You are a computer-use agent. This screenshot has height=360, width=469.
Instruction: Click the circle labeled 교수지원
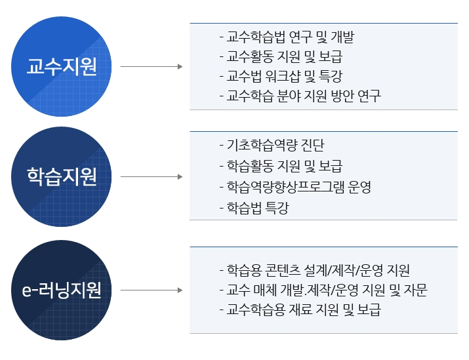pyautogui.click(x=61, y=66)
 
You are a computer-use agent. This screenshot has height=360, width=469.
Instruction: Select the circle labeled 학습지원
pyautogui.click(x=61, y=176)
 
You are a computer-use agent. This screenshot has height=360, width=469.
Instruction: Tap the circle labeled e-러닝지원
pyautogui.click(x=61, y=290)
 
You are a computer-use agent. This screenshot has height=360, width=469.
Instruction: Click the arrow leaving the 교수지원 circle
pyautogui.click(x=152, y=66)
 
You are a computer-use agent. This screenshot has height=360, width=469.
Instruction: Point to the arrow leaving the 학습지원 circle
pyautogui.click(x=152, y=176)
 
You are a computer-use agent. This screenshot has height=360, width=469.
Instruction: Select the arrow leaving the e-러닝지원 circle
pyautogui.click(x=152, y=290)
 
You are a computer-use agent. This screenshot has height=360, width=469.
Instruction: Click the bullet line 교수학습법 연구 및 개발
pyautogui.click(x=287, y=37)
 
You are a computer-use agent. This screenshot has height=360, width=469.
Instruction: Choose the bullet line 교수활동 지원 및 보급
pyautogui.click(x=281, y=57)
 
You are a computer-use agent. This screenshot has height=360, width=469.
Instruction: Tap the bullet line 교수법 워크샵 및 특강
pyautogui.click(x=281, y=76)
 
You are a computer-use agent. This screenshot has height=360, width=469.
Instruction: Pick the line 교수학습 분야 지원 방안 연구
pyautogui.click(x=300, y=96)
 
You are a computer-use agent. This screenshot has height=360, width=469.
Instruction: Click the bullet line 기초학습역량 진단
pyautogui.click(x=272, y=146)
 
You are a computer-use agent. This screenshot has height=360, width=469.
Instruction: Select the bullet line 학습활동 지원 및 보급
pyautogui.click(x=281, y=166)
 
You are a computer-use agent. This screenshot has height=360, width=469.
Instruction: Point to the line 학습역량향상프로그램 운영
pyautogui.click(x=295, y=187)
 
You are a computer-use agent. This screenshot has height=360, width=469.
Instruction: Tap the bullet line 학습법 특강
pyautogui.click(x=255, y=208)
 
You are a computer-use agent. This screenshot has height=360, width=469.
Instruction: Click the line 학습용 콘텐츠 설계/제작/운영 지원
pyautogui.click(x=315, y=270)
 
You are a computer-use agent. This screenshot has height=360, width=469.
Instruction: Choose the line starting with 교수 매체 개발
pyautogui.click(x=323, y=290)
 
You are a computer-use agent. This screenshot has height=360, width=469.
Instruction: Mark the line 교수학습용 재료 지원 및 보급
pyautogui.click(x=300, y=310)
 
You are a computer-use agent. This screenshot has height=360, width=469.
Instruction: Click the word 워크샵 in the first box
pyautogui.click(x=281, y=76)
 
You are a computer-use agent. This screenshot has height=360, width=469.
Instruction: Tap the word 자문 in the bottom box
pyautogui.click(x=415, y=290)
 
